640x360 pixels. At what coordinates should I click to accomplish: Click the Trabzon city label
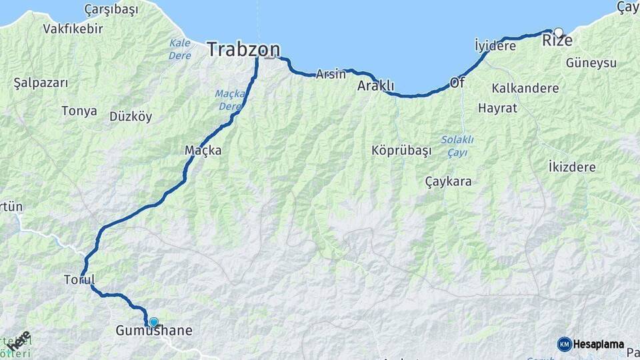243,49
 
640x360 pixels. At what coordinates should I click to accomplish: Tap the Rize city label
557,41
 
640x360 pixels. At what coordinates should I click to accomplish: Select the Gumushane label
154,331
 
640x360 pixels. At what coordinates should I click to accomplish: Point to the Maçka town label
203,151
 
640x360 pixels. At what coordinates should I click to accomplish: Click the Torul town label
79,279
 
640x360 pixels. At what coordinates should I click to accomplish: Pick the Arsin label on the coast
331,74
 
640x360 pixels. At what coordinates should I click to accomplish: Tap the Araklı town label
376,86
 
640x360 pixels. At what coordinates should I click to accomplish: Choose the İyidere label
495,46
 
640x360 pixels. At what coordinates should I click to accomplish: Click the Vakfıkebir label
73,29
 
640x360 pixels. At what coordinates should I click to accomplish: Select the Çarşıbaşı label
111,9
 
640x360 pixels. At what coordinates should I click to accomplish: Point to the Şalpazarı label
41,83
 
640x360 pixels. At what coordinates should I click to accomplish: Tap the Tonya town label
79,111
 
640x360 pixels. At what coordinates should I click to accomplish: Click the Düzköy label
131,117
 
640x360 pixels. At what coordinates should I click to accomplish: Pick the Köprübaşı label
401,150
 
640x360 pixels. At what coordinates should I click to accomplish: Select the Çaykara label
448,181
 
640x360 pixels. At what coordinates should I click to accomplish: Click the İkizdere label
571,167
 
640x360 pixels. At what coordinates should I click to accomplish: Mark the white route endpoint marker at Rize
558,31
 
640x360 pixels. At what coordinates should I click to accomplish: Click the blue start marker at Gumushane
154,322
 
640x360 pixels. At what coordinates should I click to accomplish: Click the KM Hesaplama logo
591,344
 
